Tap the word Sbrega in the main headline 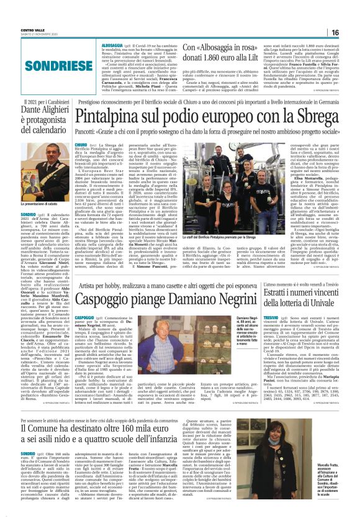(312, 116)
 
